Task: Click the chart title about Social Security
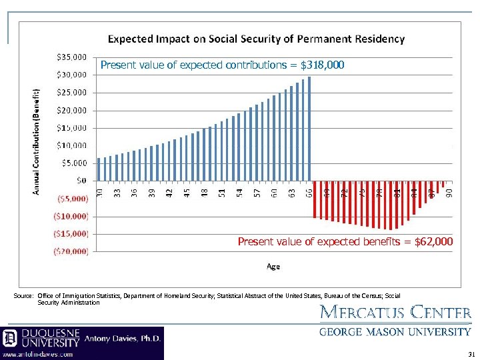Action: point(256,39)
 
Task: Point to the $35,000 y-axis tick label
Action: point(73,57)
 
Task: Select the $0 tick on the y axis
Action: point(82,180)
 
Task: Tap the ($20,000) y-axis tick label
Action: point(71,251)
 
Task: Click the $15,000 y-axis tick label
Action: point(73,127)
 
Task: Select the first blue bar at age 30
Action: point(99,169)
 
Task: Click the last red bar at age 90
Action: point(443,183)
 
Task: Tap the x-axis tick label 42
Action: point(169,192)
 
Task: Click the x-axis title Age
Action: point(273,267)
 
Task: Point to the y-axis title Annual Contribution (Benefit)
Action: point(37,141)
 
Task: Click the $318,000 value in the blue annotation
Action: point(323,65)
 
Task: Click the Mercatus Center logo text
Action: point(396,312)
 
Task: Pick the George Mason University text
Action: point(395,331)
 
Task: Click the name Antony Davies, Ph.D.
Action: point(123,338)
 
